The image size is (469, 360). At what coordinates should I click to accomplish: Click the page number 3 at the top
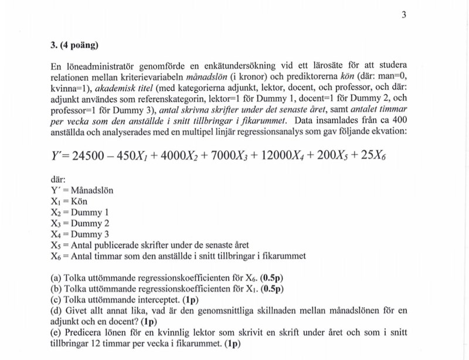[404, 15]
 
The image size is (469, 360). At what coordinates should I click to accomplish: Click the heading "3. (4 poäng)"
[75, 45]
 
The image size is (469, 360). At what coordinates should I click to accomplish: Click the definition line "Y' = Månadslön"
[83, 191]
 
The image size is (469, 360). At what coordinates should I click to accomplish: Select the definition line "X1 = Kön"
[69, 201]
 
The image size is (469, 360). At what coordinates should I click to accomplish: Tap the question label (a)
[57, 277]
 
